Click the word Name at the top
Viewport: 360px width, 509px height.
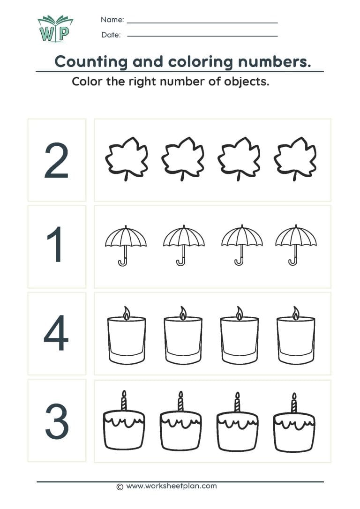pyautogui.click(x=112, y=20)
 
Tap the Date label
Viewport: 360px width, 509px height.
pyautogui.click(x=111, y=35)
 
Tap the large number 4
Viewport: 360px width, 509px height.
pyautogui.click(x=56, y=334)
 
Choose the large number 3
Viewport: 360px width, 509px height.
pyautogui.click(x=57, y=420)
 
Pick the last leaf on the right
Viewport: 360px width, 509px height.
pyautogui.click(x=295, y=158)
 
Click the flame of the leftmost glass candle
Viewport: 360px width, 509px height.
pyautogui.click(x=126, y=313)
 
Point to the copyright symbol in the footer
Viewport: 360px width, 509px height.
pyautogui.click(x=120, y=487)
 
